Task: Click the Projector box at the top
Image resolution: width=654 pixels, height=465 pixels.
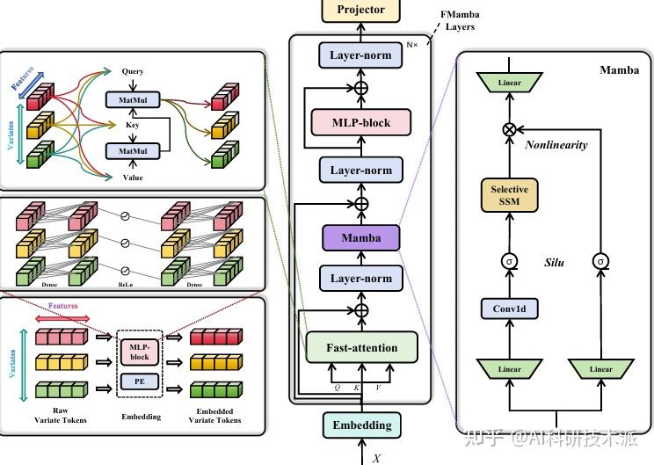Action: [360, 11]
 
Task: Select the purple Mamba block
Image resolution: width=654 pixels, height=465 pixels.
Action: [360, 236]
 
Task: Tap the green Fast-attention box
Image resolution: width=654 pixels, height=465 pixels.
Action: [360, 348]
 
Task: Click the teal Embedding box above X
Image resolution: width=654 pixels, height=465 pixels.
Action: [361, 425]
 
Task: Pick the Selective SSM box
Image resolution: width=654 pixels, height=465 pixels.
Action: [510, 196]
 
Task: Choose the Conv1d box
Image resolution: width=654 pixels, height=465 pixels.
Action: [510, 309]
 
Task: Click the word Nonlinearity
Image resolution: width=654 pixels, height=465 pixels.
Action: [556, 145]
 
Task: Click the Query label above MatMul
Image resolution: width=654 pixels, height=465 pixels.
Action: [133, 71]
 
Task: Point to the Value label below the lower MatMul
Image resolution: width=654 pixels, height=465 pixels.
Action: [133, 178]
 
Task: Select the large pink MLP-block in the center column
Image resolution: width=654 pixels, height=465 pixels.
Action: [360, 123]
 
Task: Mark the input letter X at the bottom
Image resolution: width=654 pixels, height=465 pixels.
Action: [376, 458]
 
